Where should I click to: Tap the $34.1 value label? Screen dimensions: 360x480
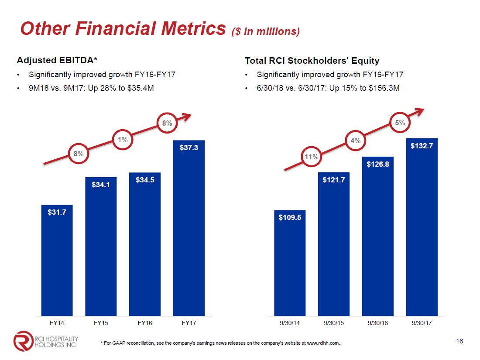[x=101, y=185]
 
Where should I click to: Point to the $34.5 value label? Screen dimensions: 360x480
[x=145, y=179]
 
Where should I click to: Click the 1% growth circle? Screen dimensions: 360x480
[x=123, y=140]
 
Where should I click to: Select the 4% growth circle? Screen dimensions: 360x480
[x=356, y=141]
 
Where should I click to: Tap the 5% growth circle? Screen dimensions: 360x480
[x=400, y=123]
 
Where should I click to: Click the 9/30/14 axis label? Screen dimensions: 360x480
[x=290, y=323]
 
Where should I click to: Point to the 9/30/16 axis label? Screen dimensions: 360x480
[x=378, y=323]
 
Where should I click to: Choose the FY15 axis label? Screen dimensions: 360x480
[x=101, y=323]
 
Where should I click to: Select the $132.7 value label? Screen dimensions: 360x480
[x=422, y=147]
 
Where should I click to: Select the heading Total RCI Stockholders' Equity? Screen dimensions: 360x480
[x=312, y=61]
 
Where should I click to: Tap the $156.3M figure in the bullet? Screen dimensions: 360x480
[x=384, y=88]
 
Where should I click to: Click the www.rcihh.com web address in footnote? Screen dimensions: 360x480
[x=323, y=343]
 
